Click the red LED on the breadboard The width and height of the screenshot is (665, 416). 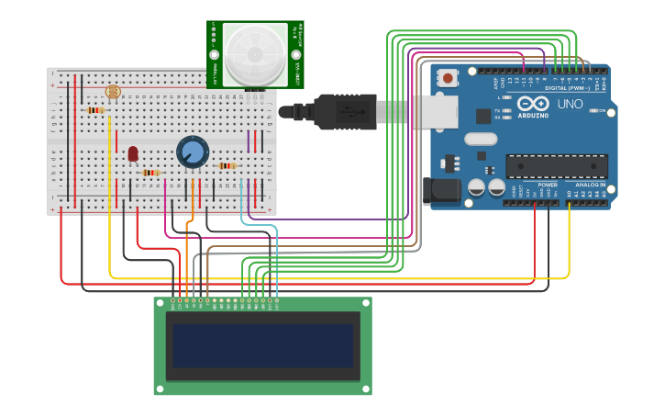133,153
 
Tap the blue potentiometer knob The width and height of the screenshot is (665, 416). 193,152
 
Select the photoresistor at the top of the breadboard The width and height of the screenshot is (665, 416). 113,92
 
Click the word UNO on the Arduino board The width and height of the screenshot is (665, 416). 570,105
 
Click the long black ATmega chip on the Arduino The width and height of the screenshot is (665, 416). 556,166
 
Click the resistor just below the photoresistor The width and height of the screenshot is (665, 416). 95,110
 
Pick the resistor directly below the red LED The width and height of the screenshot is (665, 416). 150,173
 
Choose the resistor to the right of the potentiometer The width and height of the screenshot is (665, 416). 227,166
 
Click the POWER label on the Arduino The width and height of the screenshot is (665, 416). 548,185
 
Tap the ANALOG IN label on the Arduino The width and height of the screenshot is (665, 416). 591,185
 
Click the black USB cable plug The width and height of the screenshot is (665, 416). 344,111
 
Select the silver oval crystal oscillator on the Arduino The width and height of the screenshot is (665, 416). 480,140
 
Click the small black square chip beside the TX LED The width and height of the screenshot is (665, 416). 483,116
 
